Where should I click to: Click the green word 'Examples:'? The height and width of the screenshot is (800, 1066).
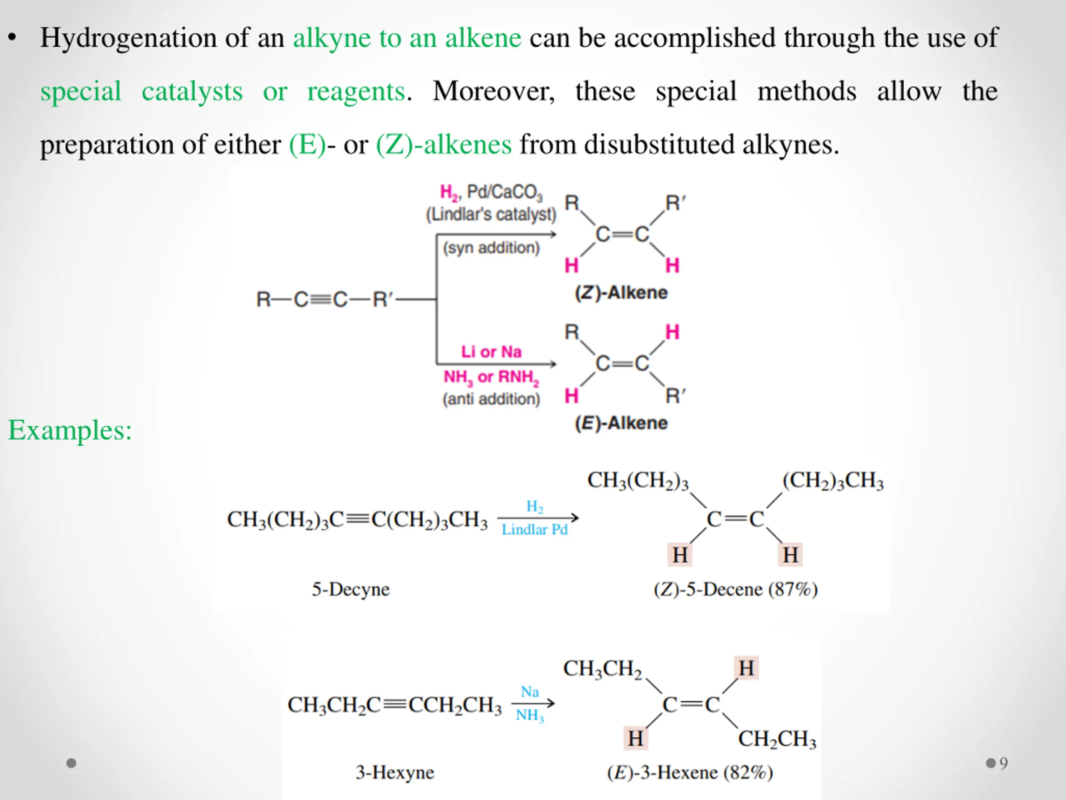pyautogui.click(x=70, y=430)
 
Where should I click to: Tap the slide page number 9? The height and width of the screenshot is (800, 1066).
pyautogui.click(x=1004, y=763)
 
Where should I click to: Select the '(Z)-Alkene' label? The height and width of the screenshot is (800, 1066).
pyautogui.click(x=621, y=292)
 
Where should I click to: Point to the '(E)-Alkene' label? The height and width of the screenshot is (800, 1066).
pyautogui.click(x=621, y=423)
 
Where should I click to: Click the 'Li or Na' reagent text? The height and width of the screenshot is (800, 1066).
pyautogui.click(x=491, y=352)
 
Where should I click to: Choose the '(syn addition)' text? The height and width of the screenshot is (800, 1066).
pyautogui.click(x=491, y=248)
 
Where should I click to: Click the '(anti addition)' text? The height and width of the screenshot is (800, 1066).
pyautogui.click(x=491, y=399)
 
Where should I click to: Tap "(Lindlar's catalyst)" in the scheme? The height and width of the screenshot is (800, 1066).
pyautogui.click(x=491, y=214)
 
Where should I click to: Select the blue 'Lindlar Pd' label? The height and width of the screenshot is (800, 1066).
pyautogui.click(x=534, y=530)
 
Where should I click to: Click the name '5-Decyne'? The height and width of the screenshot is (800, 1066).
pyautogui.click(x=350, y=589)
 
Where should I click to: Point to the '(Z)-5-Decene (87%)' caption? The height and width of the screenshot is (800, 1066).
pyautogui.click(x=735, y=589)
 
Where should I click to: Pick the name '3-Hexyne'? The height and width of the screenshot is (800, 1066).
pyautogui.click(x=395, y=772)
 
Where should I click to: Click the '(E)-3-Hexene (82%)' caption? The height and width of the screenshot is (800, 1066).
pyautogui.click(x=690, y=772)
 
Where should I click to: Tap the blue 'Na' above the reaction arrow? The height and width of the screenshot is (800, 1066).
pyautogui.click(x=530, y=692)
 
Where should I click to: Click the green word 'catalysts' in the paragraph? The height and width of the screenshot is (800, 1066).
pyautogui.click(x=192, y=92)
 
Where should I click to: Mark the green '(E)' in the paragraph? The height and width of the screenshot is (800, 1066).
pyautogui.click(x=307, y=145)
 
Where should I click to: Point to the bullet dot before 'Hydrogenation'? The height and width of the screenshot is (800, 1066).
pyautogui.click(x=12, y=37)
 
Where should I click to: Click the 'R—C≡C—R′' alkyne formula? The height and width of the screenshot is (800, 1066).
pyautogui.click(x=325, y=300)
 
